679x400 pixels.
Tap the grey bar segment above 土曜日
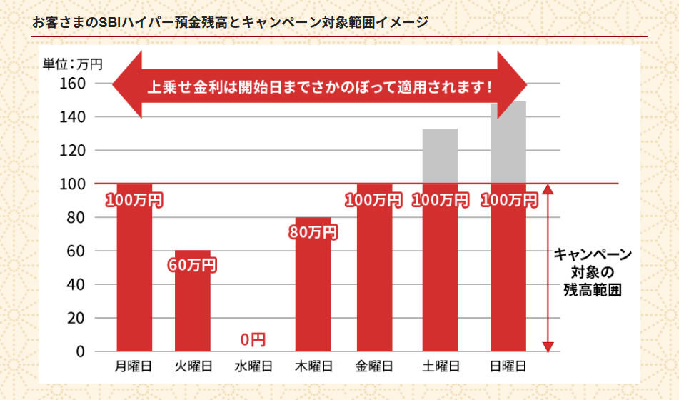440,156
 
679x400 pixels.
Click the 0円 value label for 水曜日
253,339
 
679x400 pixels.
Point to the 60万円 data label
192,265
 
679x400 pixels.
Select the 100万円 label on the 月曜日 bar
134,200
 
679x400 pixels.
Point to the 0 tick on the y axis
80,351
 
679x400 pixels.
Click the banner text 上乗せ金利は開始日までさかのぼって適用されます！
319,88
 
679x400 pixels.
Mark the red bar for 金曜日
374,279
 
